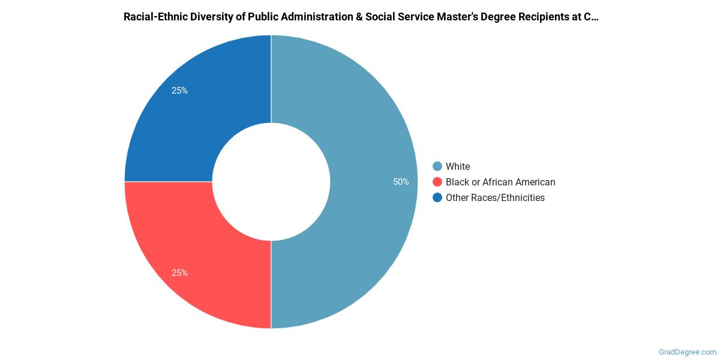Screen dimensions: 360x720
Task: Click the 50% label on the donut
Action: tap(401, 182)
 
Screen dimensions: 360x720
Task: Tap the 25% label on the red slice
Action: tap(179, 273)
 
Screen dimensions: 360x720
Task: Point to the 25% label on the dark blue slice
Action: tap(179, 91)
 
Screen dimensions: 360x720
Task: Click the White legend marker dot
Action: tap(437, 166)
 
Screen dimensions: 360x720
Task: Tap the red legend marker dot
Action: tap(437, 182)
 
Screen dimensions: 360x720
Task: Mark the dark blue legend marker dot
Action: tap(437, 197)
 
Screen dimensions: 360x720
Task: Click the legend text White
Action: tap(458, 166)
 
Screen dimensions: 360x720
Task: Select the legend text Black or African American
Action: tap(500, 182)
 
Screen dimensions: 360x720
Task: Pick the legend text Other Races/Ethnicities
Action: tap(495, 197)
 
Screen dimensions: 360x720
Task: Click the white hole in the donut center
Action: tap(271, 182)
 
